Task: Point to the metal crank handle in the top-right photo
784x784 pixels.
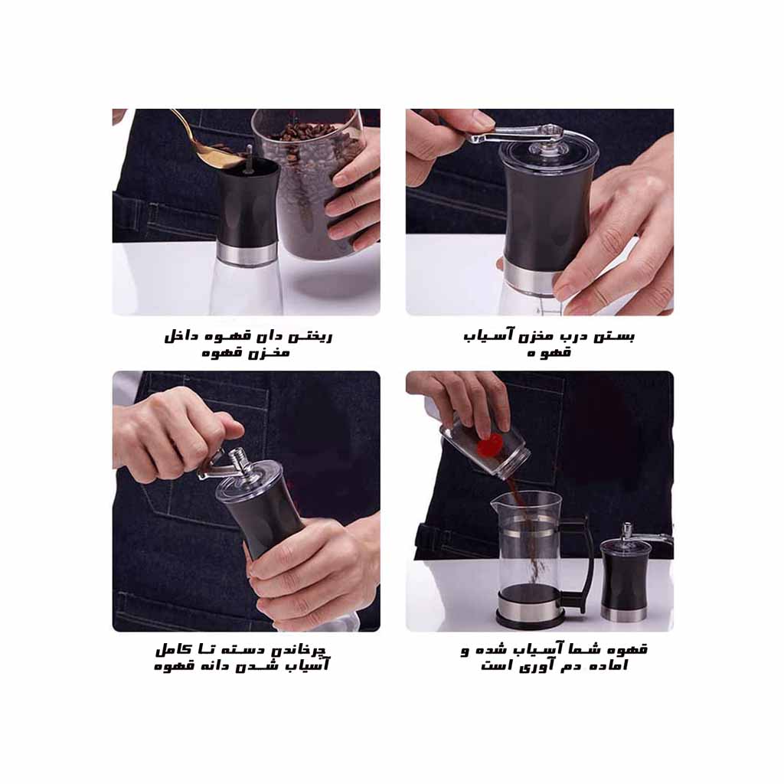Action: point(515,134)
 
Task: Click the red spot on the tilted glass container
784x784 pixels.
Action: point(490,445)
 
